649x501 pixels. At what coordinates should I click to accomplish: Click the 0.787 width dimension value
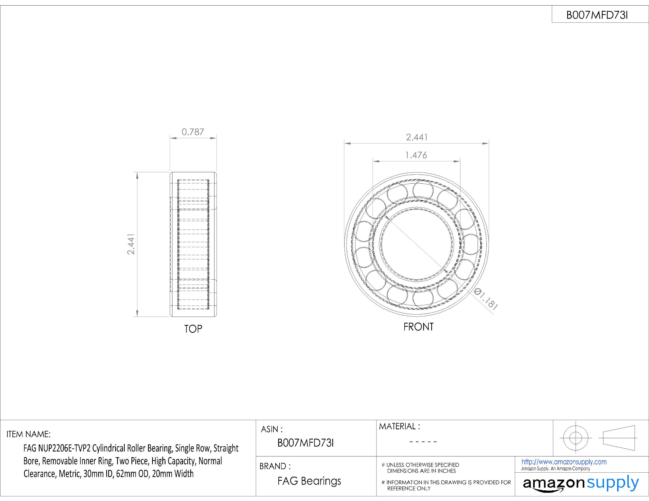193,132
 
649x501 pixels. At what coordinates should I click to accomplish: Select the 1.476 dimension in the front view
416,155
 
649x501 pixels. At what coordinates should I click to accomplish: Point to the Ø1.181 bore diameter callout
485,299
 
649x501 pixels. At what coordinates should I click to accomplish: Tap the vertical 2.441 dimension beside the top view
131,244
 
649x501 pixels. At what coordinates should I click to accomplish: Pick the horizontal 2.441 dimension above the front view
417,137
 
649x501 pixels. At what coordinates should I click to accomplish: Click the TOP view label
193,329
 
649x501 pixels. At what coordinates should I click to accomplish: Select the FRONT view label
418,327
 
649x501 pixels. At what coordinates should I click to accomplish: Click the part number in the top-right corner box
597,15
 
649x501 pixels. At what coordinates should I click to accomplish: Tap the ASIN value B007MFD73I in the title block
306,443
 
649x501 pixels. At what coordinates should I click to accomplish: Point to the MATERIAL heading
399,427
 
